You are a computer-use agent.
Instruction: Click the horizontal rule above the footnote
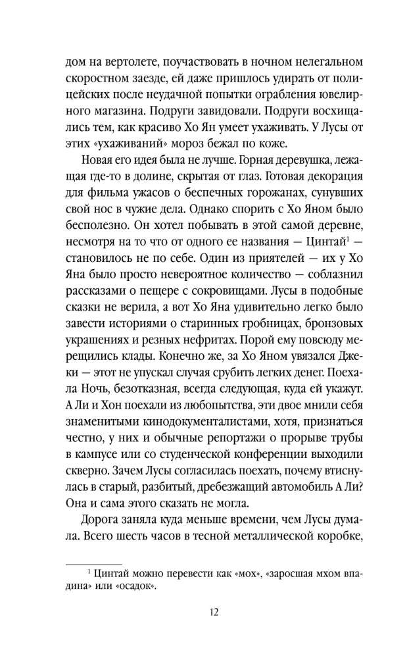tap(95, 563)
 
